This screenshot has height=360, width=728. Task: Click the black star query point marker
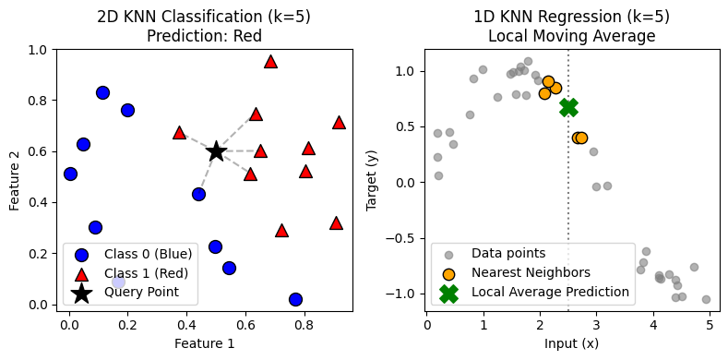point(216,151)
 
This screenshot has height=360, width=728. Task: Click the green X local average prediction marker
point(568,107)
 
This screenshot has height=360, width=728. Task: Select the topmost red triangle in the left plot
point(270,62)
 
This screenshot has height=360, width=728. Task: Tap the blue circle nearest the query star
point(198,194)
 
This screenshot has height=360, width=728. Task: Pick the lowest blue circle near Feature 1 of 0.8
point(295,299)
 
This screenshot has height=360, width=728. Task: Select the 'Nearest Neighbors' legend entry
point(531,272)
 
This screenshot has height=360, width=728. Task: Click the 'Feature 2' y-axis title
point(15,176)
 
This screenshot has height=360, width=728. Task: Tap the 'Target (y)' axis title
point(373,176)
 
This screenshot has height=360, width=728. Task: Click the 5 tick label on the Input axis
point(710,325)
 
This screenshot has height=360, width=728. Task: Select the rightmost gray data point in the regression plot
point(706,299)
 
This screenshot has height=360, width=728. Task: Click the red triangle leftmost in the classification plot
point(179,133)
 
